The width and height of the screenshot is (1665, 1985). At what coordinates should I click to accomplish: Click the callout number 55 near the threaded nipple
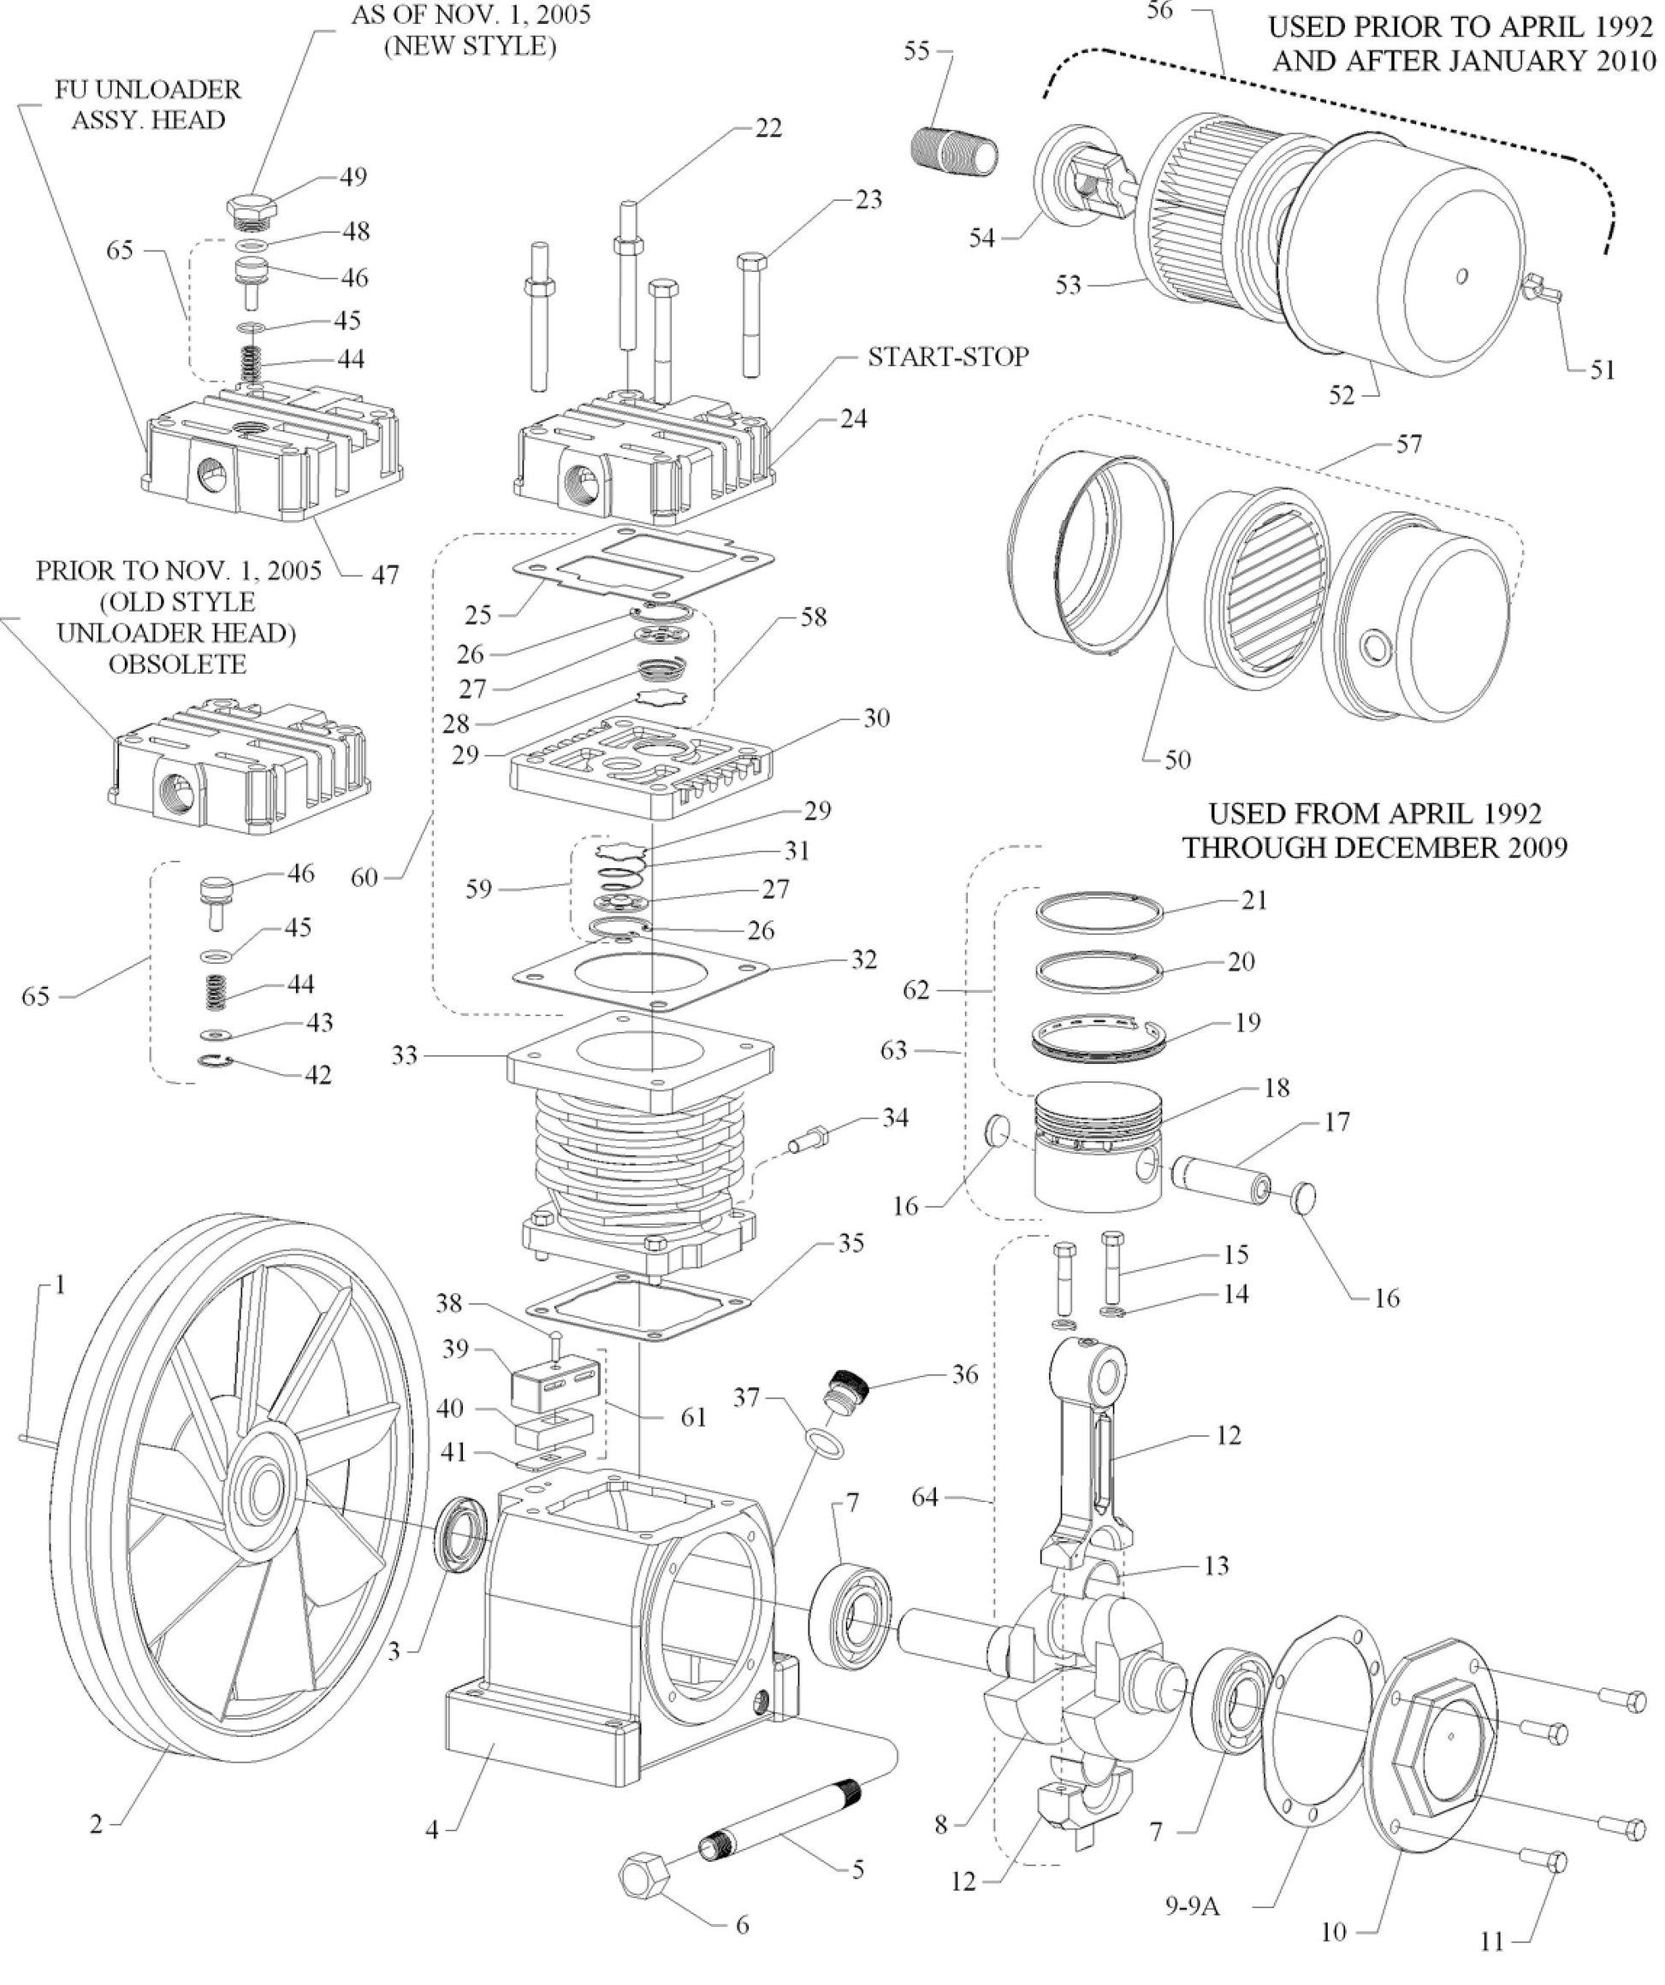[x=916, y=51]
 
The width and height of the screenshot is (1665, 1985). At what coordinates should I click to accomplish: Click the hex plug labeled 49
[x=252, y=209]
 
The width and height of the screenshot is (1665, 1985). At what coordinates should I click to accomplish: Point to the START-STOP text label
[x=947, y=357]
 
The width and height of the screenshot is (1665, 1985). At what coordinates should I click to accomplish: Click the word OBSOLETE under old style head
[x=177, y=664]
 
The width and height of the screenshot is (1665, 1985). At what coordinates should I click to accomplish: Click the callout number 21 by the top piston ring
[x=1253, y=900]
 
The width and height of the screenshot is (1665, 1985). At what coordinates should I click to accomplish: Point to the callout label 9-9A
[x=1191, y=1906]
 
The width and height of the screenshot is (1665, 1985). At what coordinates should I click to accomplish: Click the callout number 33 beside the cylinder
[x=405, y=1055]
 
